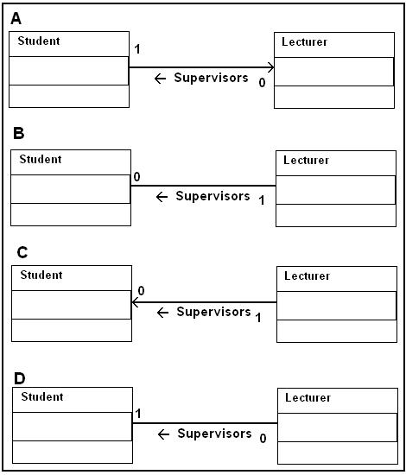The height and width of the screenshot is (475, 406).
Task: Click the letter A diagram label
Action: click(16, 18)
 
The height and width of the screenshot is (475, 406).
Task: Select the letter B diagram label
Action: click(18, 133)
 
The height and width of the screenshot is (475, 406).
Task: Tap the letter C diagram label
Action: click(22, 252)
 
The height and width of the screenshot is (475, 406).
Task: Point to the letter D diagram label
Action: click(20, 378)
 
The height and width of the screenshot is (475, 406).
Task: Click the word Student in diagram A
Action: click(39, 41)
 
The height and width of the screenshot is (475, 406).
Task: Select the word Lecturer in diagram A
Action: click(304, 41)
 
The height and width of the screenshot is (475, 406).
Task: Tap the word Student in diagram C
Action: click(41, 275)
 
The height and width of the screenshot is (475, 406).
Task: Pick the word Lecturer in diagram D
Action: click(308, 397)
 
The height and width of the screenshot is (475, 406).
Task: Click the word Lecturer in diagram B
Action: click(306, 160)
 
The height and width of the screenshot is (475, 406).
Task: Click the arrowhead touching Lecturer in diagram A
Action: click(270, 67)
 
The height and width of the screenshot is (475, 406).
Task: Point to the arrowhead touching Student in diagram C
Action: click(135, 302)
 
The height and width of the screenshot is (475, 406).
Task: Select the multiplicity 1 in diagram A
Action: click(137, 49)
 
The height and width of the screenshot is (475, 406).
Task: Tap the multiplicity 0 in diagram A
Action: click(262, 82)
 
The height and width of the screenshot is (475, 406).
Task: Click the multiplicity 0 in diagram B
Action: click(136, 177)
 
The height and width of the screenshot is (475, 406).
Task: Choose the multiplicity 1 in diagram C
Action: click(258, 318)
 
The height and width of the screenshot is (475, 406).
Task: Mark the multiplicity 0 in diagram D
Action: click(263, 439)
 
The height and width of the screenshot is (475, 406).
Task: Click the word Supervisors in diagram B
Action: click(213, 196)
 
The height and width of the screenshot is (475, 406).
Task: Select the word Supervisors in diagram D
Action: click(214, 434)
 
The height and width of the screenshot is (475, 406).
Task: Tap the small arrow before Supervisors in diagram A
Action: click(160, 79)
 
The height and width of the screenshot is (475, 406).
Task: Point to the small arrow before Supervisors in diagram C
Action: click(162, 313)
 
